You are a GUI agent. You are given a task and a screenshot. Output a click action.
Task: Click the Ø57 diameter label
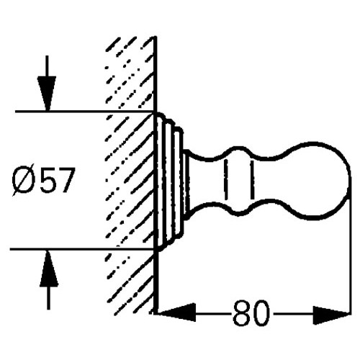click(42, 180)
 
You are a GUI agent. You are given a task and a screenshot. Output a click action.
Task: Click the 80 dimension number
click(251, 312)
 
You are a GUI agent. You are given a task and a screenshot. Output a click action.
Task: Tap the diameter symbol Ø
click(24, 180)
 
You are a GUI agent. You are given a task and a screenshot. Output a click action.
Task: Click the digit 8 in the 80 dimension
click(241, 312)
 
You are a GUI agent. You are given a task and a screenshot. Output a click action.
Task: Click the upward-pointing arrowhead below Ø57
click(49, 268)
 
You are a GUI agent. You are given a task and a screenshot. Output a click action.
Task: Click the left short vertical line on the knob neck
click(226, 179)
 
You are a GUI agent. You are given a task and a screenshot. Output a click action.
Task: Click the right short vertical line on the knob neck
click(252, 179)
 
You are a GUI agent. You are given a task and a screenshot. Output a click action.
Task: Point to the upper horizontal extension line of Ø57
click(84, 112)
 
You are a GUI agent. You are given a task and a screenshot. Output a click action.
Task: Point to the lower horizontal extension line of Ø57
click(82, 250)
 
